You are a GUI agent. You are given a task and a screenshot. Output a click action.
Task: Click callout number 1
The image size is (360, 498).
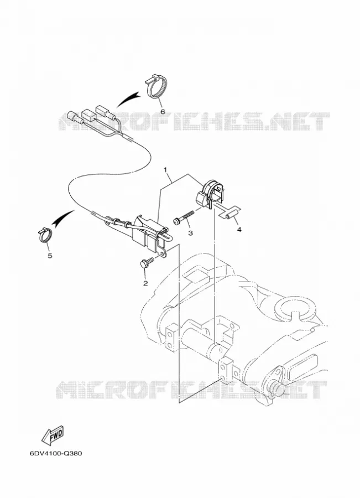click(x=165, y=170)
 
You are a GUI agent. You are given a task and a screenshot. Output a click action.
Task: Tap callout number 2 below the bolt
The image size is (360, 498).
click(x=145, y=283)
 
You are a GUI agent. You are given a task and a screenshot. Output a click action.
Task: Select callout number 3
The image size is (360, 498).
click(x=190, y=233)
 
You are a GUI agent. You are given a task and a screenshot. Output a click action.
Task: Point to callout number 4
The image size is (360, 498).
click(x=239, y=229)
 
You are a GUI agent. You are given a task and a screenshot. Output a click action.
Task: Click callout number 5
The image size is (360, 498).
click(x=50, y=255)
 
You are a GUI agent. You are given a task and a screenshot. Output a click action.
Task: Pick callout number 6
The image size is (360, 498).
click(x=163, y=112)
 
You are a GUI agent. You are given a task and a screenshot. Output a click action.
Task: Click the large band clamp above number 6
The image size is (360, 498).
click(x=157, y=86)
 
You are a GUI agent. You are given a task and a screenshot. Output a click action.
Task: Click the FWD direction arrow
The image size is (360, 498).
click(x=53, y=434)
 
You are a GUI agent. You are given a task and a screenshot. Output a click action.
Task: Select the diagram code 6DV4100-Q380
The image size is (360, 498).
click(x=56, y=453)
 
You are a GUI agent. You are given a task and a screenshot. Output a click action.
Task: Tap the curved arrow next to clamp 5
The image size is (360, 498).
click(x=64, y=218)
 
